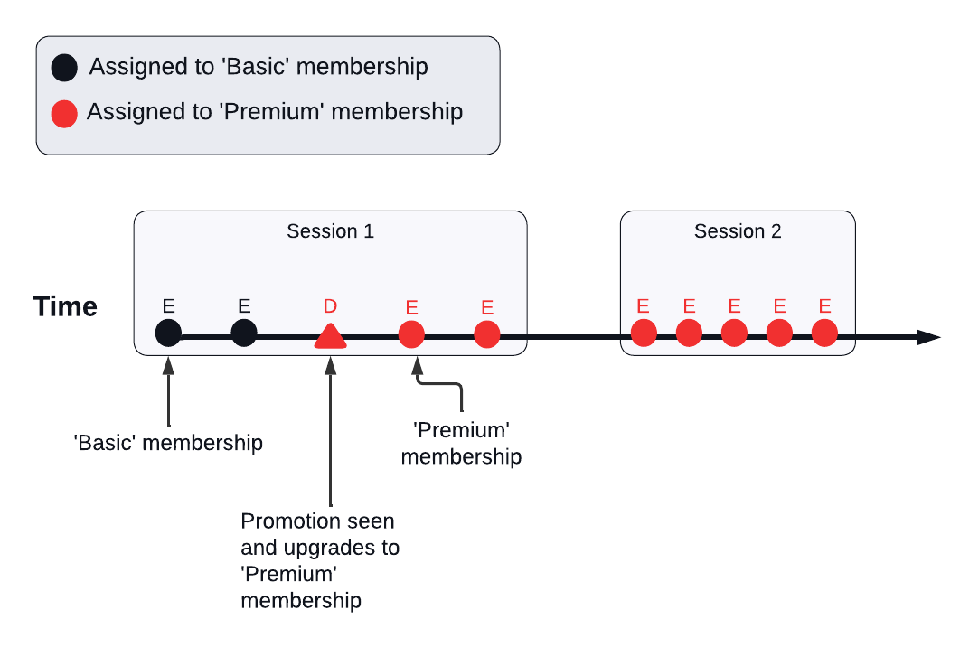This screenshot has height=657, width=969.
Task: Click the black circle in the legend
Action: click(64, 68)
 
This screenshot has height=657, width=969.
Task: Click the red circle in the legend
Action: click(64, 114)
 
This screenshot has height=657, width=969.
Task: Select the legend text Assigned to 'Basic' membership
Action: click(259, 67)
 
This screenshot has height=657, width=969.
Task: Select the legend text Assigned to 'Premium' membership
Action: click(275, 112)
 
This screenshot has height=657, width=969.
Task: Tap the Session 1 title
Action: click(330, 231)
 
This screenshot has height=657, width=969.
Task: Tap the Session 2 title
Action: click(738, 231)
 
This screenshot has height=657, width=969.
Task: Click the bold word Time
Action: click(65, 307)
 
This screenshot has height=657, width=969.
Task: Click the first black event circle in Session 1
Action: click(168, 333)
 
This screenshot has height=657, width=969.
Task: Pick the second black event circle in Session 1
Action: click(243, 333)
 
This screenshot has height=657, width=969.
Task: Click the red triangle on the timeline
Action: click(330, 336)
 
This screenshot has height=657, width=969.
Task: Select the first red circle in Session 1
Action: click(411, 333)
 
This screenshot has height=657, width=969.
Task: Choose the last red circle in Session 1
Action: click(487, 333)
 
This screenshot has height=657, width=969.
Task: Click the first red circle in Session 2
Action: click(643, 333)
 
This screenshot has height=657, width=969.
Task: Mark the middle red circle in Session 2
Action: click(734, 333)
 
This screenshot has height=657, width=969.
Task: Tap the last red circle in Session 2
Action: click(824, 333)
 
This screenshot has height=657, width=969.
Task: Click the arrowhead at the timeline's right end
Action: click(928, 337)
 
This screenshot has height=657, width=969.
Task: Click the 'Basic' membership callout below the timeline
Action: click(168, 443)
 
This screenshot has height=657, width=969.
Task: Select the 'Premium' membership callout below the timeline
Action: click(461, 443)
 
